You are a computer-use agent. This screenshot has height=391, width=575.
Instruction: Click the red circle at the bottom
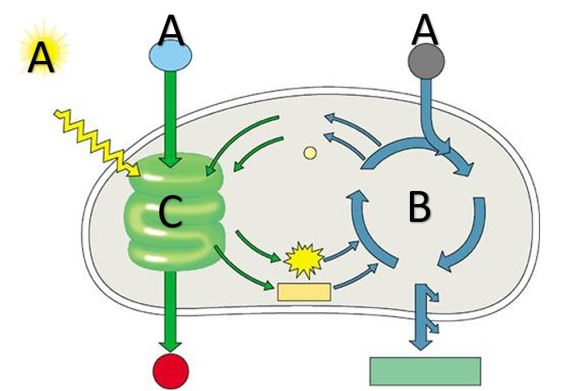(x=171, y=371)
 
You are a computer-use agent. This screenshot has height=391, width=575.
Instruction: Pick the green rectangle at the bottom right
(x=425, y=371)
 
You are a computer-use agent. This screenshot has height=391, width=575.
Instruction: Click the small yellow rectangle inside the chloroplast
(x=304, y=292)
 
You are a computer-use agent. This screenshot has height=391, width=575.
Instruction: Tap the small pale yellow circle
(x=309, y=152)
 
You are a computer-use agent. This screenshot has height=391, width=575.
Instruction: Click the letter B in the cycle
(x=419, y=207)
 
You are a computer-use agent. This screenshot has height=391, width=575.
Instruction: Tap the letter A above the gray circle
(x=425, y=30)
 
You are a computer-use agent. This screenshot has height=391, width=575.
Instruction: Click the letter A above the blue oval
(x=172, y=30)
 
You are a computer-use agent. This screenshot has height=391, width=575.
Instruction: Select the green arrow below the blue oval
(x=171, y=114)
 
